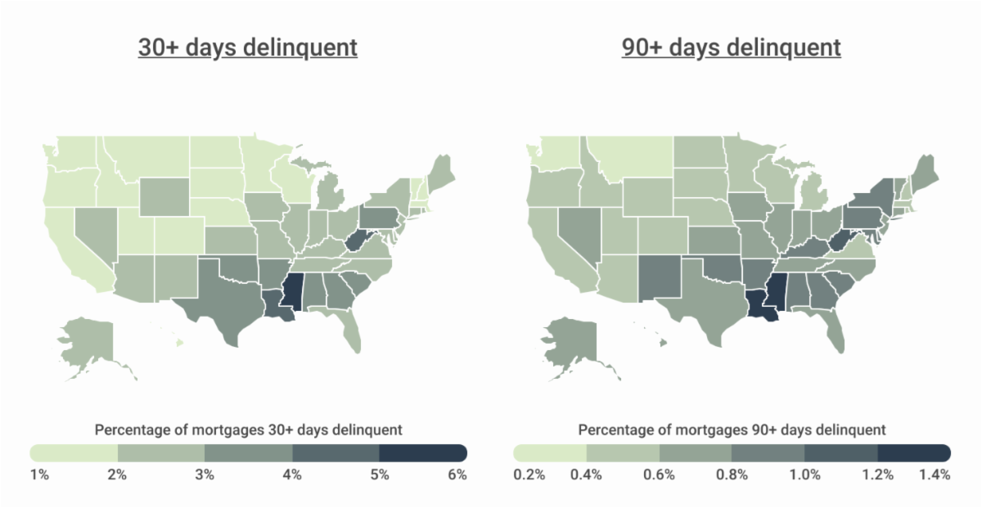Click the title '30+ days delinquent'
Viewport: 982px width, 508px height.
(x=247, y=47)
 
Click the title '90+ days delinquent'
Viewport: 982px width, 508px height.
(x=731, y=47)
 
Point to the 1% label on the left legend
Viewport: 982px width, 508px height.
(x=40, y=475)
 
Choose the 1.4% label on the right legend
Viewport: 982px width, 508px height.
(x=935, y=475)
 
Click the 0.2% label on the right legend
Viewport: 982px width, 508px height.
(x=529, y=475)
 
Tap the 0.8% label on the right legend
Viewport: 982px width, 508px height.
(x=732, y=475)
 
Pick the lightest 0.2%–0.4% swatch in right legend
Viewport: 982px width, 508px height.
(x=550, y=452)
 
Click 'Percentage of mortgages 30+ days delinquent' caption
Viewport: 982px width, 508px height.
(x=248, y=429)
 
